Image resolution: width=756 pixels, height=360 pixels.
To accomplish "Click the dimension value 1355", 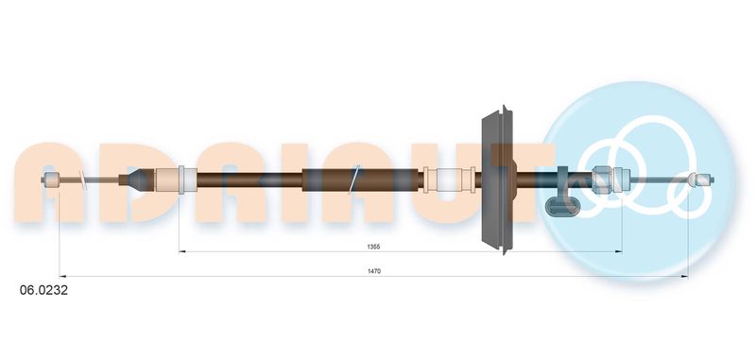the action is [373, 247].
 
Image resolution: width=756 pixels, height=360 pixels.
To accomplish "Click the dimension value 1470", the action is [374, 271].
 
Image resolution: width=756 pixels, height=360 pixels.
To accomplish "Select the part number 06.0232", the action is [43, 290].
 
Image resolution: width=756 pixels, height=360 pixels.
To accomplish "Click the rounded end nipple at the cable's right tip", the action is [701, 180].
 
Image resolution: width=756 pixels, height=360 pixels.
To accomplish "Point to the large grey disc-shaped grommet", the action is [499, 180].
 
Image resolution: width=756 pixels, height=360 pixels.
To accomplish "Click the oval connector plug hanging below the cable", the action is [561, 205].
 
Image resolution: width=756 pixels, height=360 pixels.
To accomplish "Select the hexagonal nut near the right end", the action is [603, 180].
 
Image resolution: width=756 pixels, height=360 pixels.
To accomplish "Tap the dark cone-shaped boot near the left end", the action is [136, 180].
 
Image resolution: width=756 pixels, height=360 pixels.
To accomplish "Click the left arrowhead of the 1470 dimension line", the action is [62, 277].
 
